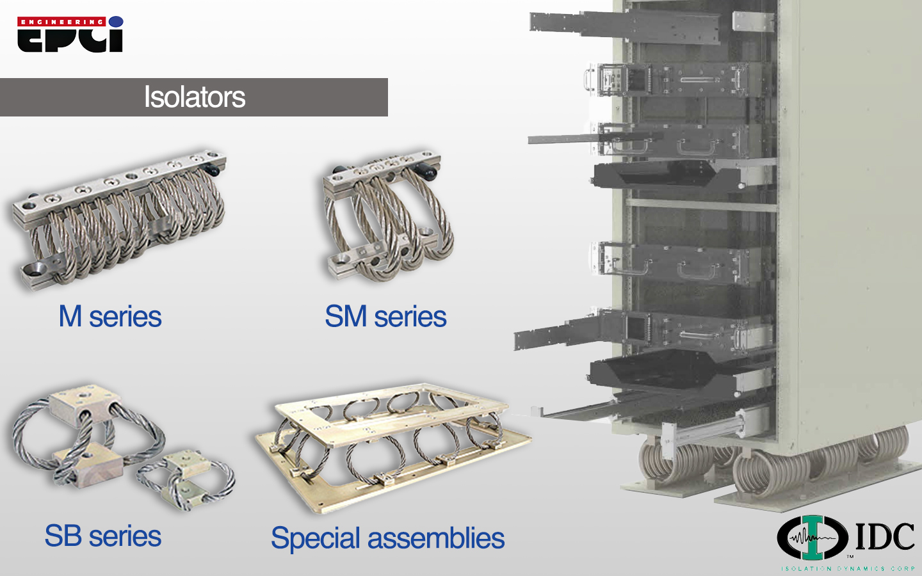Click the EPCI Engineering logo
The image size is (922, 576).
pos(70,35)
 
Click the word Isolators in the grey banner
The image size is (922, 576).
pos(194,97)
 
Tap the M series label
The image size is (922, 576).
pos(110,317)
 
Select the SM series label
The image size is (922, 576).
pos(385,317)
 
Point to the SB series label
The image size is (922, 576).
pos(102,536)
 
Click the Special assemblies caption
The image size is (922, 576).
pos(387,538)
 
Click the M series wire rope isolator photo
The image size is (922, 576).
pos(118,218)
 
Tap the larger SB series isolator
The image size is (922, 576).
pos(86,435)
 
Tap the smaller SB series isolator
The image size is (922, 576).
pos(186,480)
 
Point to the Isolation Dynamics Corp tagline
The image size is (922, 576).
pos(848,568)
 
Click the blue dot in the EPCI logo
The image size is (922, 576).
pos(116,22)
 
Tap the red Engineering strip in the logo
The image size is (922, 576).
pos(61,22)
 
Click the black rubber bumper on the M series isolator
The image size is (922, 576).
pos(212,170)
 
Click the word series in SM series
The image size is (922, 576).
pos(410,317)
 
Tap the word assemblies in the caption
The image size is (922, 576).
pos(442,538)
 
